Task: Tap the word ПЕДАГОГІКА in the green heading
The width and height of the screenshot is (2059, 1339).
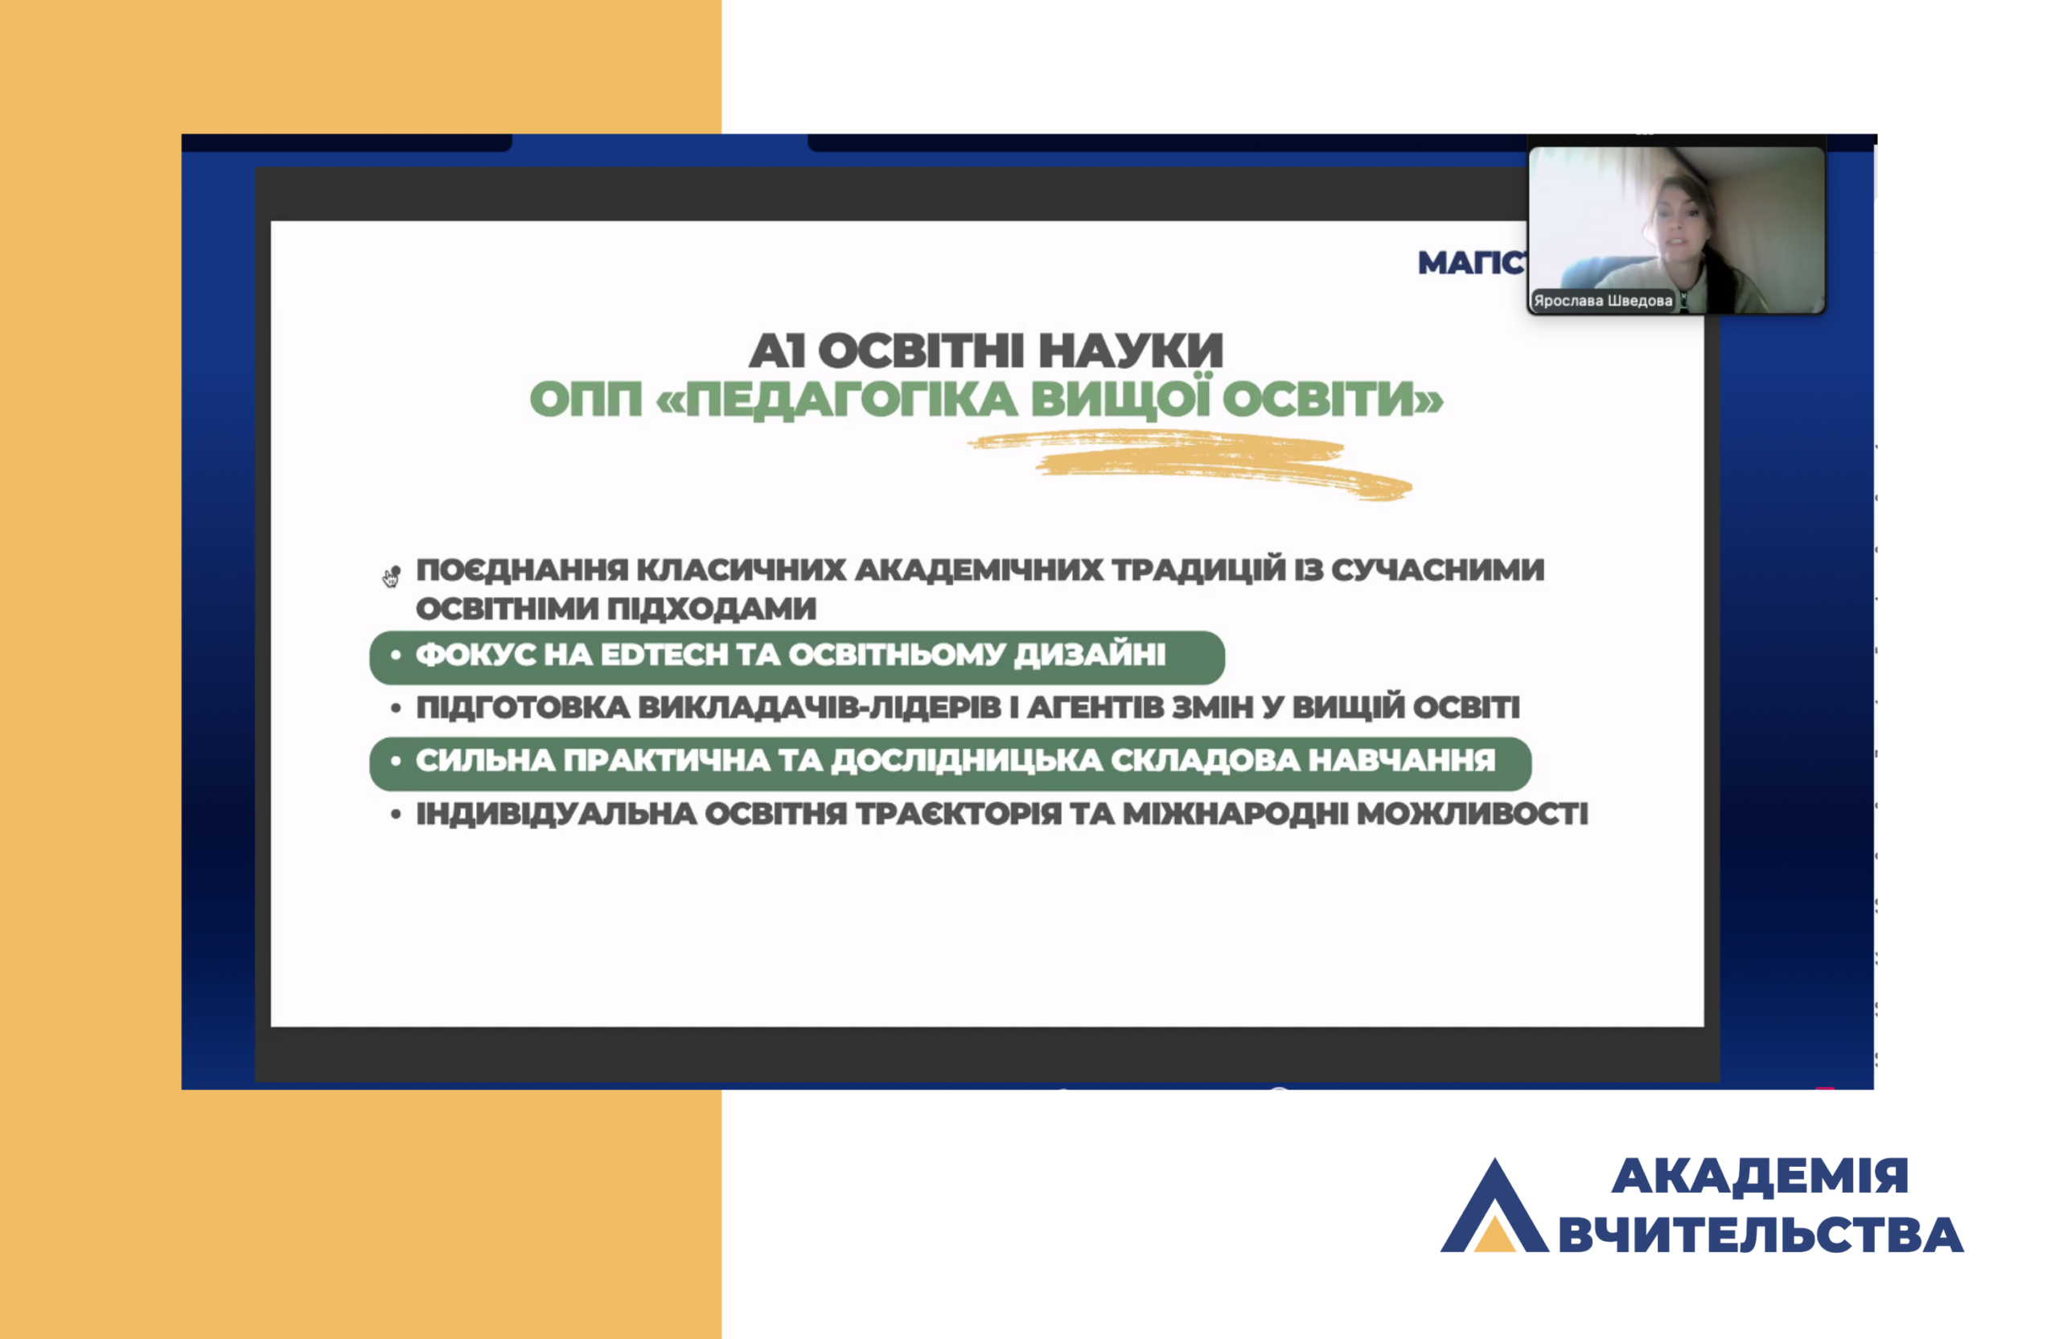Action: (x=851, y=400)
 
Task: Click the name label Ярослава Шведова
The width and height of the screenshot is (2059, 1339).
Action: (x=1603, y=300)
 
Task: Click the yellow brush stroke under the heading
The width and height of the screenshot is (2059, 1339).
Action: (x=1190, y=466)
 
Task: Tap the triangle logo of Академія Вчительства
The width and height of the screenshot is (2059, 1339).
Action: (x=1494, y=1206)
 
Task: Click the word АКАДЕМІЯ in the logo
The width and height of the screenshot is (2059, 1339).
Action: (x=1760, y=1177)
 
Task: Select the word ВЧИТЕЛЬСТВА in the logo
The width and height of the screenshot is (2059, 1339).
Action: (x=1761, y=1234)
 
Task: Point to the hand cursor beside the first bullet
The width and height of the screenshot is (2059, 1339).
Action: (x=391, y=577)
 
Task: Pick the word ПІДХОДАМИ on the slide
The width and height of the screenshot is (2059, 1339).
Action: (x=711, y=609)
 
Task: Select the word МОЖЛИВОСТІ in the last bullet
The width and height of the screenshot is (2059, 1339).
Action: (x=1473, y=814)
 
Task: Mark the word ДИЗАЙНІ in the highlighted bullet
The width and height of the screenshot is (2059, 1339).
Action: (x=1090, y=655)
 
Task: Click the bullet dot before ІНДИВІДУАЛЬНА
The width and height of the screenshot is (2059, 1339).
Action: (x=396, y=815)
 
